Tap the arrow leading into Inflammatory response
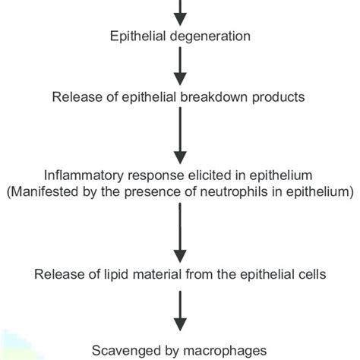click(180, 136)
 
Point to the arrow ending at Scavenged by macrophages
click(180, 311)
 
